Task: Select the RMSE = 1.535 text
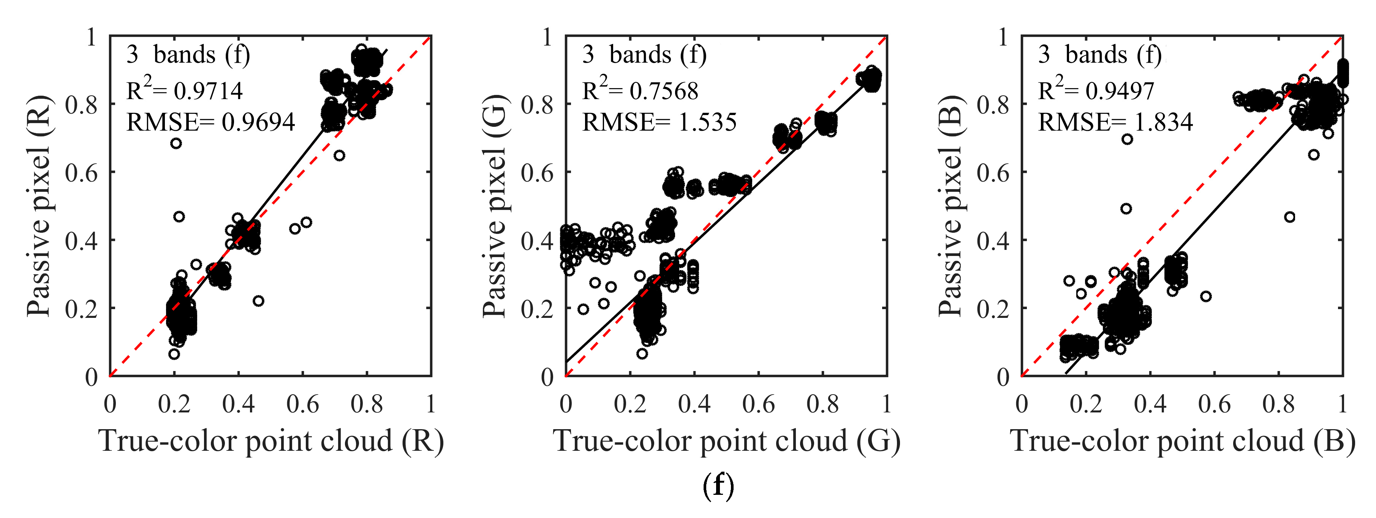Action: coord(659,122)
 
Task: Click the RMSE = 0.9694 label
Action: coord(210,122)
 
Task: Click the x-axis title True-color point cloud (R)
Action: coord(271,441)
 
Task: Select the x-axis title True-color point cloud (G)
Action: coord(727,441)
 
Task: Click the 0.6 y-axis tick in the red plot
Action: coord(81,172)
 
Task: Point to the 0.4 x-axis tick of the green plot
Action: coord(694,404)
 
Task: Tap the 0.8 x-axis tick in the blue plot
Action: coord(1278,404)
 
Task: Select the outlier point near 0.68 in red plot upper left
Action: coord(176,143)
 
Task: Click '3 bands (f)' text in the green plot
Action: coord(644,54)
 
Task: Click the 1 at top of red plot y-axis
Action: coord(92,37)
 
